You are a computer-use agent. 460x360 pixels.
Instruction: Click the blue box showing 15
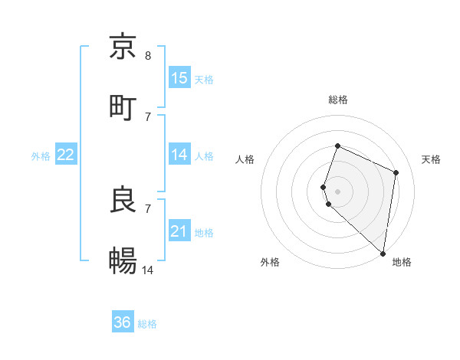pyautogui.click(x=179, y=78)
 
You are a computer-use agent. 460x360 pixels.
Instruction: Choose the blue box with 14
pyautogui.click(x=179, y=155)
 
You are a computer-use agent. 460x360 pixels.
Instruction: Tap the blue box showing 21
pyautogui.click(x=179, y=231)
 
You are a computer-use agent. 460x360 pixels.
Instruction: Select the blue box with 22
pyautogui.click(x=66, y=155)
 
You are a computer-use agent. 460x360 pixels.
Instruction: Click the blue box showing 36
pyautogui.click(x=123, y=322)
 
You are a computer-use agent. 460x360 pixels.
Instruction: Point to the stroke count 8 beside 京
pyautogui.click(x=148, y=55)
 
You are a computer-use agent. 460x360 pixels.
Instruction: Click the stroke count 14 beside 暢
pyautogui.click(x=148, y=270)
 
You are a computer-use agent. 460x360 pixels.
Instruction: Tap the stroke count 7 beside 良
pyautogui.click(x=148, y=208)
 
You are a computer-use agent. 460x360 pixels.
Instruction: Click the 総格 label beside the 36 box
pyautogui.click(x=147, y=324)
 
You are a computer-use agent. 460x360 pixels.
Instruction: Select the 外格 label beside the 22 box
pyautogui.click(x=41, y=156)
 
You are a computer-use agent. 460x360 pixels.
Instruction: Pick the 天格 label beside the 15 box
pyautogui.click(x=204, y=80)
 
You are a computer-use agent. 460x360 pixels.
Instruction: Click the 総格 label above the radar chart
pyautogui.click(x=338, y=100)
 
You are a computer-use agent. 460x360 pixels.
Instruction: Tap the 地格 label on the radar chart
pyautogui.click(x=402, y=262)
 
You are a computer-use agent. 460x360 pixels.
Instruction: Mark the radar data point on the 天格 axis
pyautogui.click(x=396, y=172)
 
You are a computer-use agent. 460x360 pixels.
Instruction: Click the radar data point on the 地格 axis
pyautogui.click(x=383, y=254)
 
